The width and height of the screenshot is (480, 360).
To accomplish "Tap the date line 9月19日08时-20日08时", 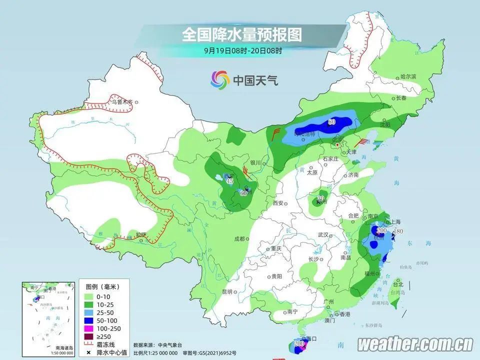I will pyautogui.click(x=243, y=50).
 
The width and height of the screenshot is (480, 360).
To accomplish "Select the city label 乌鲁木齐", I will pyautogui.click(x=122, y=102).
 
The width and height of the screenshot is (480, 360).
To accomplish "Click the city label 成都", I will pyautogui.click(x=240, y=239).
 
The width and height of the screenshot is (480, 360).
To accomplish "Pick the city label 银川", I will pyautogui.click(x=255, y=162).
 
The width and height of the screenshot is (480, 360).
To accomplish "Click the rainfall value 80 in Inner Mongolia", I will pyautogui.click(x=331, y=122).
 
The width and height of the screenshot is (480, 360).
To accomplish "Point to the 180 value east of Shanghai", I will pyautogui.click(x=398, y=231).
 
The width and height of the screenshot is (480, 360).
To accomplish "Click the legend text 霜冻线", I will pyautogui.click(x=108, y=344).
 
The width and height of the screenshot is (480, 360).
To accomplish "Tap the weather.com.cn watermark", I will pyautogui.click(x=415, y=344).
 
